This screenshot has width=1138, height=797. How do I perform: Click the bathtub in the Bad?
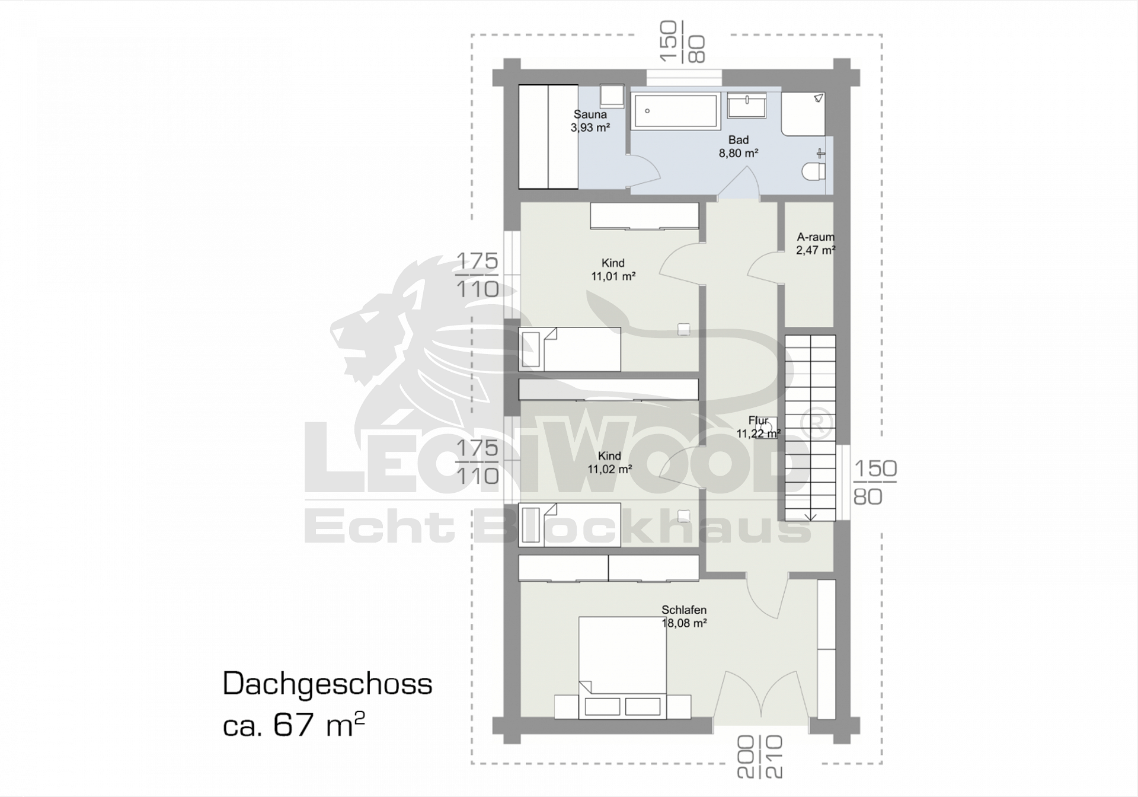point(676,111)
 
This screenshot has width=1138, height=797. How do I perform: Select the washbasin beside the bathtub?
point(747,106)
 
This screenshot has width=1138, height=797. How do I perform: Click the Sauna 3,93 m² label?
point(590,121)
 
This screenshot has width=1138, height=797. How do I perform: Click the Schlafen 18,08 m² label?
point(684,616)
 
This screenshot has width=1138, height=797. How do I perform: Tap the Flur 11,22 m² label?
point(758,427)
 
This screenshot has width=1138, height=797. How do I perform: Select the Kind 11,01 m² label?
point(613,269)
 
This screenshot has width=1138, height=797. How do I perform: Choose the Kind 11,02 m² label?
point(609,463)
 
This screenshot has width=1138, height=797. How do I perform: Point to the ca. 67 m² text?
point(293,724)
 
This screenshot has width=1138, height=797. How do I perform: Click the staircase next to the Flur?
point(810,428)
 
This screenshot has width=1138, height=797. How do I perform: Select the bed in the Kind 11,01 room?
point(570,349)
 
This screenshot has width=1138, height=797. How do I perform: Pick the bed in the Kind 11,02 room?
point(570,525)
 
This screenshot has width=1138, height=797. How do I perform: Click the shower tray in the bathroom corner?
point(803,113)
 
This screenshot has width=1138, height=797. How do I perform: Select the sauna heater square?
point(612,96)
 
